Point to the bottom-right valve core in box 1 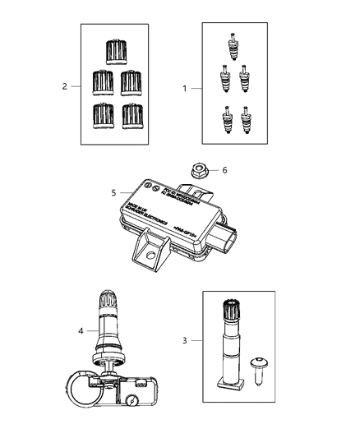(x=247, y=118)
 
